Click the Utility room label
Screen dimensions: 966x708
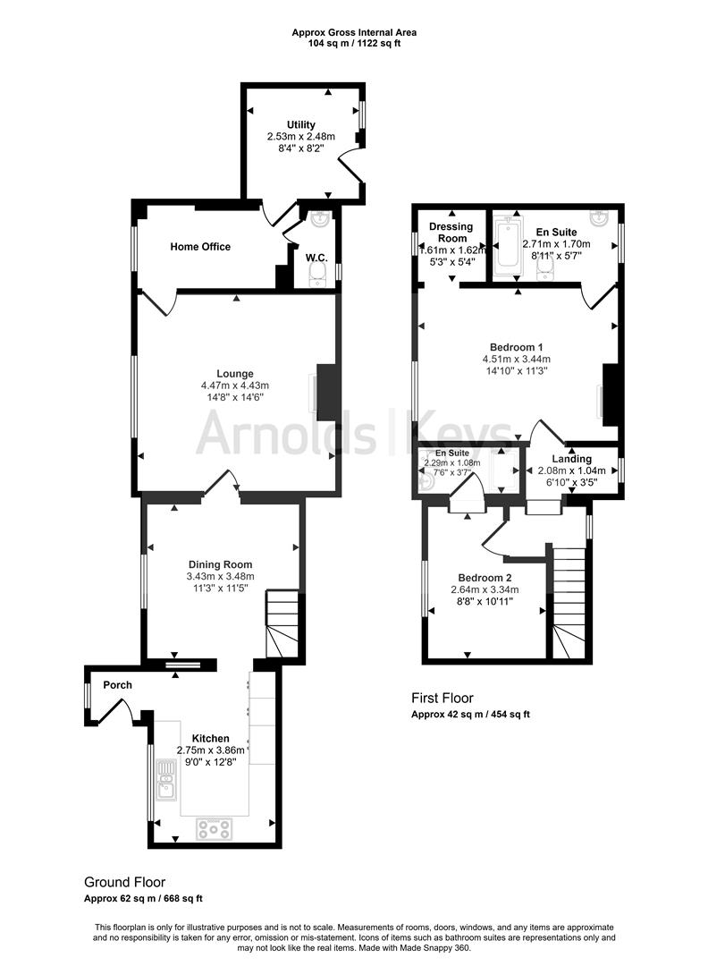(300, 124)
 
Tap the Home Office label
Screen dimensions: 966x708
(200, 247)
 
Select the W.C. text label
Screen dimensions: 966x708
(316, 258)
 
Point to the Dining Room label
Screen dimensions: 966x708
(220, 564)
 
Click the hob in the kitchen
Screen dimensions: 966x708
(214, 829)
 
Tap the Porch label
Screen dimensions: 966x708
(117, 685)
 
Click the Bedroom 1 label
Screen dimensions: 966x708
(516, 347)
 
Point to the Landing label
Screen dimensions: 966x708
(571, 459)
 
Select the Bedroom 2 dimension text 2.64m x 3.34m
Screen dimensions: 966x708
(485, 590)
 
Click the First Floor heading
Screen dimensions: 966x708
(442, 698)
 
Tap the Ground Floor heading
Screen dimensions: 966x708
(124, 881)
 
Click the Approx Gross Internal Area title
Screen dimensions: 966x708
(354, 33)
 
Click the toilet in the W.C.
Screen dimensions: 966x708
(317, 280)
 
